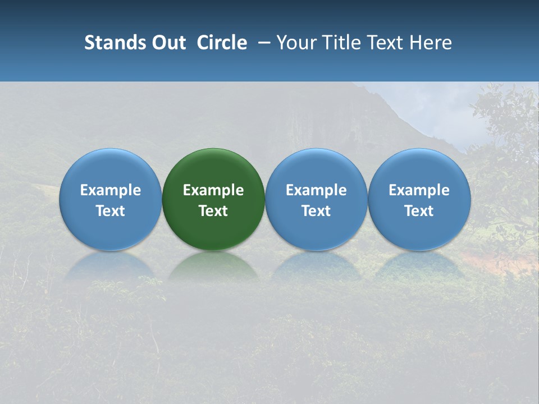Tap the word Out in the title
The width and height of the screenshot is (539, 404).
click(x=167, y=43)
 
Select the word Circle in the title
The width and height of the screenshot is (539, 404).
click(x=222, y=43)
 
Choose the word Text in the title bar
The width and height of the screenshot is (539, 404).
click(x=386, y=43)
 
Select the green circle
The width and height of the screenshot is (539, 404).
click(x=213, y=168)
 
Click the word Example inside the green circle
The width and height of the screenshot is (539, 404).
click(x=213, y=190)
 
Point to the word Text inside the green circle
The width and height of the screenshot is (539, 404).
click(x=213, y=211)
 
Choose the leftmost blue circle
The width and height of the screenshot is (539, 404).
click(x=110, y=168)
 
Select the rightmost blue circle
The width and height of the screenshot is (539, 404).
click(x=419, y=168)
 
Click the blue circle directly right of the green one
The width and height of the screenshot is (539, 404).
click(x=316, y=168)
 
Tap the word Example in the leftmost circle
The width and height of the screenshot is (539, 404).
click(x=110, y=190)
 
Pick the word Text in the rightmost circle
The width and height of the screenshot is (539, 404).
click(x=419, y=211)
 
